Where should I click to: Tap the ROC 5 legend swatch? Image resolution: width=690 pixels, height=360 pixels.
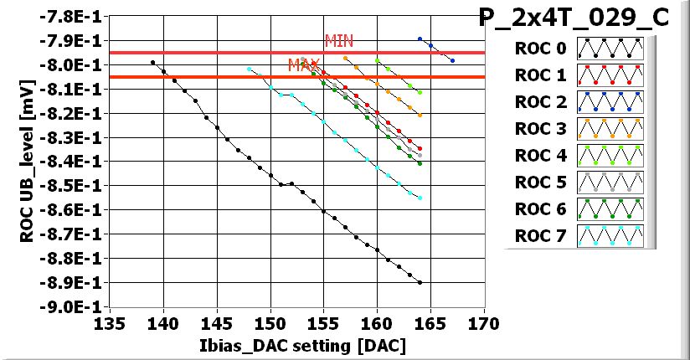click(609, 183)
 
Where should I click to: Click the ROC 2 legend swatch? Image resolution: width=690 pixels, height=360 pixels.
click(609, 102)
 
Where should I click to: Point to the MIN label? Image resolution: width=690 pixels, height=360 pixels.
click(338, 40)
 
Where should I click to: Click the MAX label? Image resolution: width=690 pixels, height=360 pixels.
click(303, 64)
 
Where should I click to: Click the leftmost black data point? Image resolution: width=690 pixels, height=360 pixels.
click(152, 62)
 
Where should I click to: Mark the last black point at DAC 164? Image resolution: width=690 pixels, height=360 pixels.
click(420, 283)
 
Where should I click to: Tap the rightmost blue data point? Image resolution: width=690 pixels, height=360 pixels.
click(452, 60)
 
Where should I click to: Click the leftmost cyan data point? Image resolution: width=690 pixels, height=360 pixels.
click(249, 69)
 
